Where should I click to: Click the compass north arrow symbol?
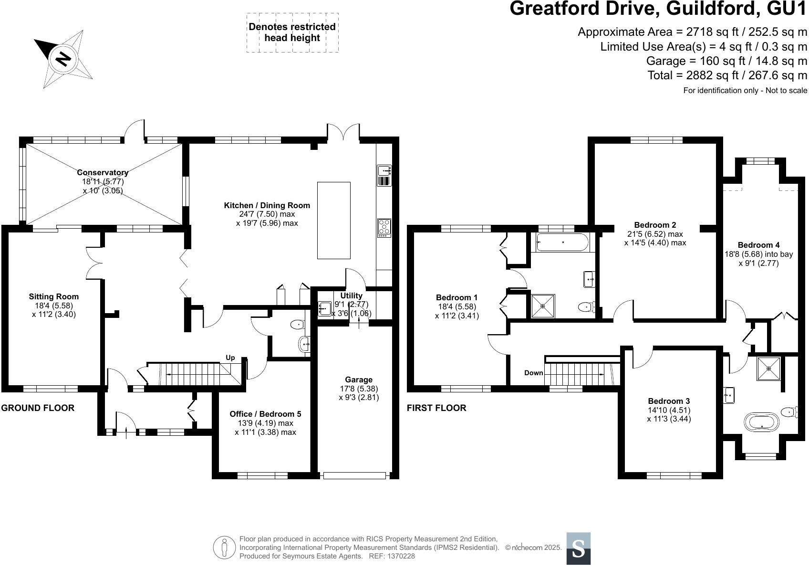coord(62,58)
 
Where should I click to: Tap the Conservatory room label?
coord(103,172)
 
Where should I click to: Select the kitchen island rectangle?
coord(334,220)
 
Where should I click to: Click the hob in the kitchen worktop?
coord(384,227)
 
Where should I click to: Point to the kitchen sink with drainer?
coord(384,175)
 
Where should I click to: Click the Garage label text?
coord(359,379)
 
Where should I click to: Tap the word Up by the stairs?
coord(230,358)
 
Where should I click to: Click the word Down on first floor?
coord(533,373)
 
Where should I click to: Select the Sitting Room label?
coord(53,296)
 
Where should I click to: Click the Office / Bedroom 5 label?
coord(265,414)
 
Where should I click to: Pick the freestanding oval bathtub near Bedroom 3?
coord(761,422)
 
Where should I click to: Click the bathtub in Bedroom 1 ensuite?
coord(563,242)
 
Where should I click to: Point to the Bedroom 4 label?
coord(758,245)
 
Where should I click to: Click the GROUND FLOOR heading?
coord(38,408)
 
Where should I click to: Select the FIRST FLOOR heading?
coord(436,408)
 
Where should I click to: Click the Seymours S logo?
coord(578,548)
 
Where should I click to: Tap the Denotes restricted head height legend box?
coord(292,32)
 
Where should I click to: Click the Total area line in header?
coord(727,75)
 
